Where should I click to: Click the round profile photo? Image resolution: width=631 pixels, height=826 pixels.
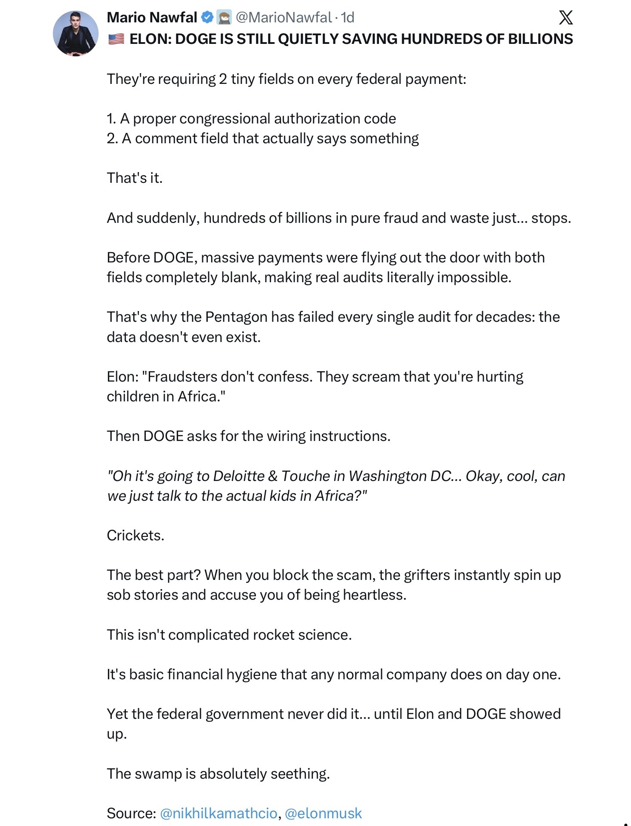coord(76,34)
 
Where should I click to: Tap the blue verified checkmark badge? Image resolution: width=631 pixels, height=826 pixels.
coord(207,18)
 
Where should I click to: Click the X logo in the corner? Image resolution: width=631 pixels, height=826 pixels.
coord(566,18)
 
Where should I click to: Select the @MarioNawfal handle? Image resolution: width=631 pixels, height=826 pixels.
coord(283,18)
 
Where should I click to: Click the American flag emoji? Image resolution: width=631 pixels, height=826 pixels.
coord(116,39)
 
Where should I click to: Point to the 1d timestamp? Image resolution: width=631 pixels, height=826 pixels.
coord(348,18)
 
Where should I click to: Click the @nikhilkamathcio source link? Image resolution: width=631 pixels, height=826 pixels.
coord(219,813)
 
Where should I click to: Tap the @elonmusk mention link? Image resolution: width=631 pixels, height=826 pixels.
coord(323,813)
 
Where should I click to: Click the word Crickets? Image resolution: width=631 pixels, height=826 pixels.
coord(135,535)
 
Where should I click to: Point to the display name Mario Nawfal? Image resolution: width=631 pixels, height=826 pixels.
coord(152,18)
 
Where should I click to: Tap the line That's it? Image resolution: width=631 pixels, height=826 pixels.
coord(135,178)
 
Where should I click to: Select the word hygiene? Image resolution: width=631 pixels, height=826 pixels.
coord(251,674)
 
